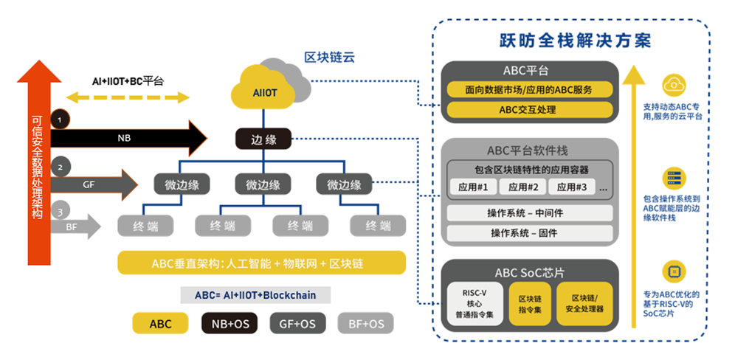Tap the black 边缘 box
(263, 139)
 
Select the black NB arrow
(125, 137)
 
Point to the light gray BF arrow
(74, 226)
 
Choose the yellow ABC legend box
(159, 323)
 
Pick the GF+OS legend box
(297, 323)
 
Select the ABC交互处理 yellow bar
(528, 110)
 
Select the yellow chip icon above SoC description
(672, 271)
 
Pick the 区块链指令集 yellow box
(531, 303)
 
